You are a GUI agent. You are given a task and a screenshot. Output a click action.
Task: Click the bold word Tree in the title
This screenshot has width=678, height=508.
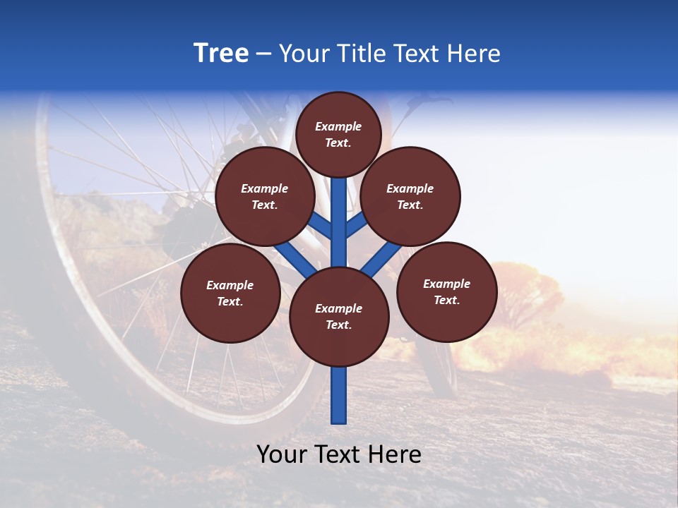point(221,53)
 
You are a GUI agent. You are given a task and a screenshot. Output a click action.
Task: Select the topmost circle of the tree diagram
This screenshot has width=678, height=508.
point(338,134)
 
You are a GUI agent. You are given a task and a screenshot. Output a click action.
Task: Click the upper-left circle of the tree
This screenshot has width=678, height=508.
point(265,196)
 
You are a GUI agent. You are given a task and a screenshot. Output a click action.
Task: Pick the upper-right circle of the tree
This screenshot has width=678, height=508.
point(410,196)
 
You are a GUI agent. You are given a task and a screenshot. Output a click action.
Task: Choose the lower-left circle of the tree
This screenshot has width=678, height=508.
point(230,293)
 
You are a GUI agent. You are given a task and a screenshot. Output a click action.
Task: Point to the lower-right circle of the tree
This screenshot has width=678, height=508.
point(447,291)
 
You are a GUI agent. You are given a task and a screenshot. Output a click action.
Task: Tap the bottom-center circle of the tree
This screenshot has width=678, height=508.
point(339,316)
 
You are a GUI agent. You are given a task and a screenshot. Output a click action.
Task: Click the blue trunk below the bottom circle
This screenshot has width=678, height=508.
point(339,395)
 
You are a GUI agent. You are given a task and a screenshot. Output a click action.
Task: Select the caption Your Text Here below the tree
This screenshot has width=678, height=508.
point(339,454)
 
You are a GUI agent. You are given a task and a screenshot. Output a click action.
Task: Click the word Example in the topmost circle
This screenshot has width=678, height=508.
point(338,126)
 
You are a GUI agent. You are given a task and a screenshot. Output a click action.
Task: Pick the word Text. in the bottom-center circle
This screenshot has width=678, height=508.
point(338,325)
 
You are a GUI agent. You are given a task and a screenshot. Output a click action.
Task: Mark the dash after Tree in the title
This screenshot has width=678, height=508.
point(263,54)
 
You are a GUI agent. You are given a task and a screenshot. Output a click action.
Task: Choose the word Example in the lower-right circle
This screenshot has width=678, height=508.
point(446,284)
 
